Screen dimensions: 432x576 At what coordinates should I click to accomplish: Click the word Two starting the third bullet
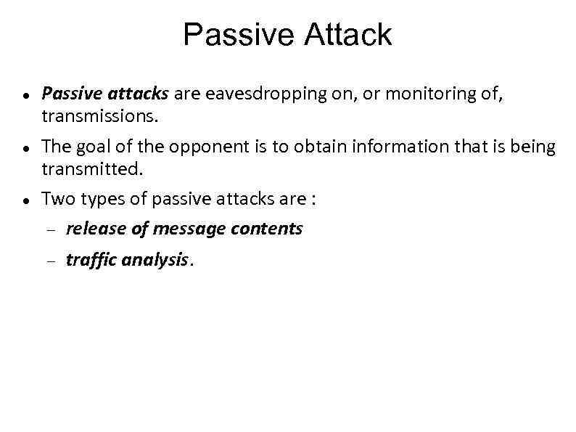(57, 199)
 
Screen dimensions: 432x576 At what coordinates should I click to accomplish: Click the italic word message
(187, 229)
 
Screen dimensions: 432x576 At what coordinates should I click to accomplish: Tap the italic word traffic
(91, 260)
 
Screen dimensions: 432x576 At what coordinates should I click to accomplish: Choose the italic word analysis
(155, 260)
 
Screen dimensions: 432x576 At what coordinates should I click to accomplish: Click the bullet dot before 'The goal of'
(25, 148)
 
